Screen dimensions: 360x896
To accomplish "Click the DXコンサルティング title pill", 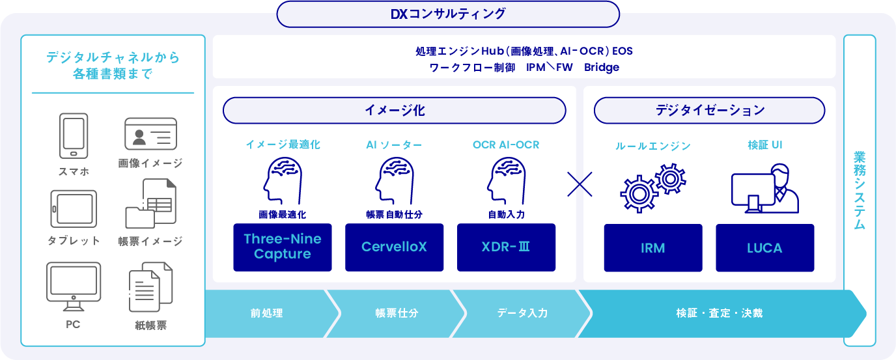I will (448, 14).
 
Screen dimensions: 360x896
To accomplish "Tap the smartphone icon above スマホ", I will (73, 135).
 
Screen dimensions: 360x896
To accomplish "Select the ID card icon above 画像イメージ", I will (150, 134).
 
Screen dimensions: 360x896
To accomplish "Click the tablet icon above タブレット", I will (74, 208).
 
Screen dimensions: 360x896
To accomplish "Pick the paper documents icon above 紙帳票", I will (150, 286).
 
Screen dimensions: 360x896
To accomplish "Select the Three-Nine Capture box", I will (283, 247).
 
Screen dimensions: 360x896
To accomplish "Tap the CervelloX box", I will (394, 247).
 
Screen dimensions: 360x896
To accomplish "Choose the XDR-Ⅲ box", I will (506, 247).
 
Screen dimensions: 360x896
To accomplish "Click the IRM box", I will (653, 248).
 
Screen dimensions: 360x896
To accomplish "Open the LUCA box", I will (764, 248).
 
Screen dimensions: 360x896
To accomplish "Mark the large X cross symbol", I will (580, 184).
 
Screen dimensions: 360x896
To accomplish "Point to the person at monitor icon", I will (764, 188).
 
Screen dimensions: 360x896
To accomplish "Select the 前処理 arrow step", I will (267, 313).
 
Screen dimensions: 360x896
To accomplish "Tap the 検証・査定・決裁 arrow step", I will (719, 313).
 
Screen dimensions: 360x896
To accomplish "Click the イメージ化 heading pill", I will (395, 111).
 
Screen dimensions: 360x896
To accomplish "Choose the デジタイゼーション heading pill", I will (709, 111).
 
